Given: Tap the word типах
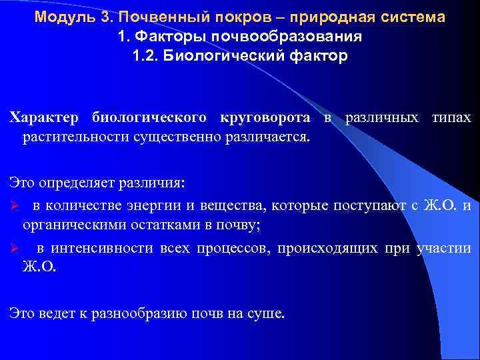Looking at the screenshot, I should [x=451, y=118].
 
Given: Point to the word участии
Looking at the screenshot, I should [x=444, y=249].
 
